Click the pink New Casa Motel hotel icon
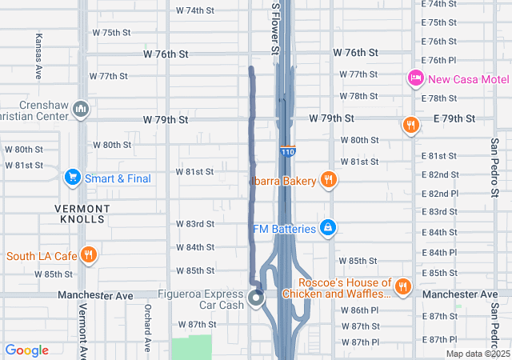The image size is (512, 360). (415, 78)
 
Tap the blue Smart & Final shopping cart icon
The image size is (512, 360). (72, 177)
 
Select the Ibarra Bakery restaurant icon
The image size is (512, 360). (327, 180)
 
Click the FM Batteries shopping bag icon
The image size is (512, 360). (327, 229)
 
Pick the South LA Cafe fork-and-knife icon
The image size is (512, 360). (89, 255)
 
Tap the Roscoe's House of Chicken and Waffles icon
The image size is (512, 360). (402, 286)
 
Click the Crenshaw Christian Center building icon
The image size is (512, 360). (80, 108)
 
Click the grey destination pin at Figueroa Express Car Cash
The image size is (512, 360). (256, 299)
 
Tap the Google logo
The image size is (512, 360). (26, 350)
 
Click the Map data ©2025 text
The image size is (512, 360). (477, 354)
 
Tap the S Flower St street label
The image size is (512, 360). (275, 28)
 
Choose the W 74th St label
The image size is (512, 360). (195, 11)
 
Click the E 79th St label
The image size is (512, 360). (454, 118)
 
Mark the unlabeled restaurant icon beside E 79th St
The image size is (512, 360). (410, 124)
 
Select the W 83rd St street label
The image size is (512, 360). (195, 224)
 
